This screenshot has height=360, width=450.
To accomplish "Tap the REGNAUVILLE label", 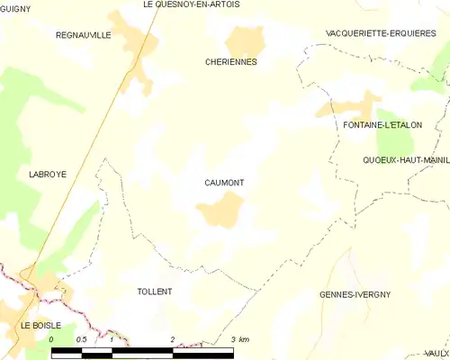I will (83, 34).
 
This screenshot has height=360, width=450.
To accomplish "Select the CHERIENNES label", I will (231, 62).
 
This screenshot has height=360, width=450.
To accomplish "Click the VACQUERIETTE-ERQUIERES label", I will (382, 32).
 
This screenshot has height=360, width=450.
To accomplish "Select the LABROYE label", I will (48, 174).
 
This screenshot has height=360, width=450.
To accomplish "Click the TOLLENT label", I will (154, 292).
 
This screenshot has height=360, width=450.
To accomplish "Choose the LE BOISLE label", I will (41, 325).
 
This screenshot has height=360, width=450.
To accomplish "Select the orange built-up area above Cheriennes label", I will (246, 40).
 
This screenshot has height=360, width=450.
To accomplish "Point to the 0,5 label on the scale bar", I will (81, 339).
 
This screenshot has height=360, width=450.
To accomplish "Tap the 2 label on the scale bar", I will (172, 339).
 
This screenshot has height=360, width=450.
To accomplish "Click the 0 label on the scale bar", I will (51, 339).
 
